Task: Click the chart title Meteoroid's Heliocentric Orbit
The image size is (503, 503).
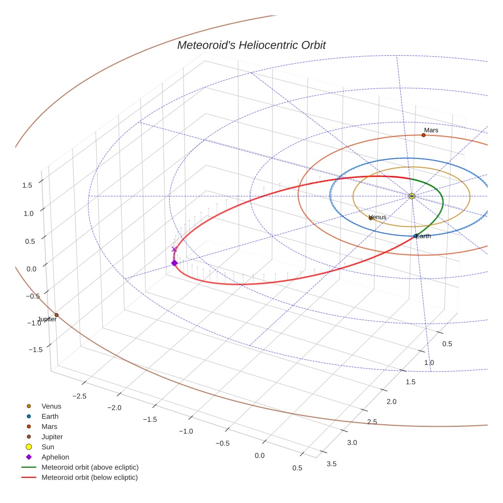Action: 251,45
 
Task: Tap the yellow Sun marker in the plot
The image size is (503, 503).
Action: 412,196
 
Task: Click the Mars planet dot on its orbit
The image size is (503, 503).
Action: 423,135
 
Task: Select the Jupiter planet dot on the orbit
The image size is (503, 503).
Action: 56,315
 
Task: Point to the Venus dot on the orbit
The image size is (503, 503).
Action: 371,218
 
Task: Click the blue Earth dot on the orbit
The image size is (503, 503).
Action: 415,236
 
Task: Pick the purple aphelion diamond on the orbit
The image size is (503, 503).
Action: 174,263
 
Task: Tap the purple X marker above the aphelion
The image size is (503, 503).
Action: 174,249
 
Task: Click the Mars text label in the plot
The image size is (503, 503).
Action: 431,130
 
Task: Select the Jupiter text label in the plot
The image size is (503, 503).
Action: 47,319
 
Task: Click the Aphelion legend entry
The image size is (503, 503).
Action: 55,457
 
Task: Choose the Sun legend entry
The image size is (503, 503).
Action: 48,447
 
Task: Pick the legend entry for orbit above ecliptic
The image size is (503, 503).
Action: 90,467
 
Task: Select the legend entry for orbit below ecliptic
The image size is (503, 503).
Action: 89,477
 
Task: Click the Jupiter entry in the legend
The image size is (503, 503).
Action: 52,437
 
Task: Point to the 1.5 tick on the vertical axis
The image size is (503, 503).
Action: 27,186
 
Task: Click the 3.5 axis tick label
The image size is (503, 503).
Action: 331,464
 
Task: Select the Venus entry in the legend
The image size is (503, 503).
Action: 51,406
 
